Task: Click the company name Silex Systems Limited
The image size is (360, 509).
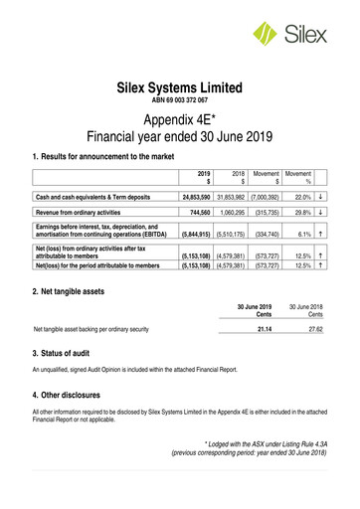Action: pos(179,88)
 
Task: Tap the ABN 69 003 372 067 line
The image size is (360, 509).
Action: pos(179,102)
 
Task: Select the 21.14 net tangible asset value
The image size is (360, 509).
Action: pos(264,327)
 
